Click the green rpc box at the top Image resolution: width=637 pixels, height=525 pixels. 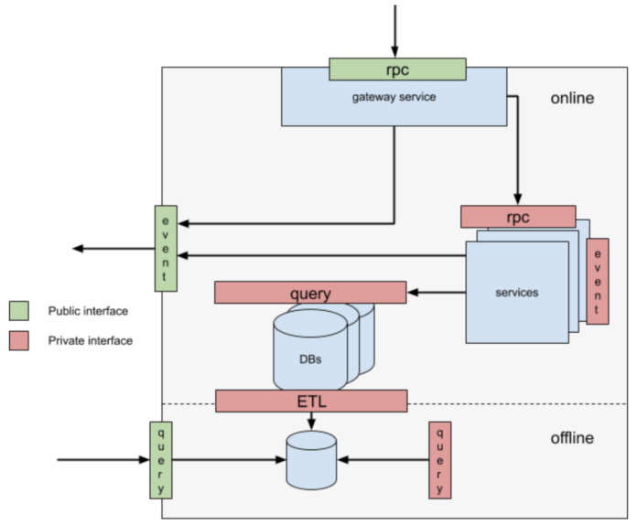point(397,70)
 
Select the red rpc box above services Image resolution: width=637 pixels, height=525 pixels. point(518,217)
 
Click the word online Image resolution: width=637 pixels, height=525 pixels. point(572,98)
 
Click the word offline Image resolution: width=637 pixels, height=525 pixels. point(572,438)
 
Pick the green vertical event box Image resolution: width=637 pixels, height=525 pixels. point(166,248)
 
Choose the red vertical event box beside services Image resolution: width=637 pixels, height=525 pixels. point(598,281)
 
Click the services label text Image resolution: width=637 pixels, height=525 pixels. point(516,293)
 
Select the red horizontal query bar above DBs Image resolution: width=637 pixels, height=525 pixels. point(310,293)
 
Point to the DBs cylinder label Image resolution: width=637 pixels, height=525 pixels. point(310,358)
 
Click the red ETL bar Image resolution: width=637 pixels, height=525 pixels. point(311,401)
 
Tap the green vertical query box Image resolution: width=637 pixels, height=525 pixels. point(161,460)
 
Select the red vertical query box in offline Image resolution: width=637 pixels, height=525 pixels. point(440,460)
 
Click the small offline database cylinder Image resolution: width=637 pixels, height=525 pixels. point(311,460)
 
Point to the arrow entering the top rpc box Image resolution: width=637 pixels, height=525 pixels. point(395,32)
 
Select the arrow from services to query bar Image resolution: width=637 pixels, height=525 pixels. point(437,293)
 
